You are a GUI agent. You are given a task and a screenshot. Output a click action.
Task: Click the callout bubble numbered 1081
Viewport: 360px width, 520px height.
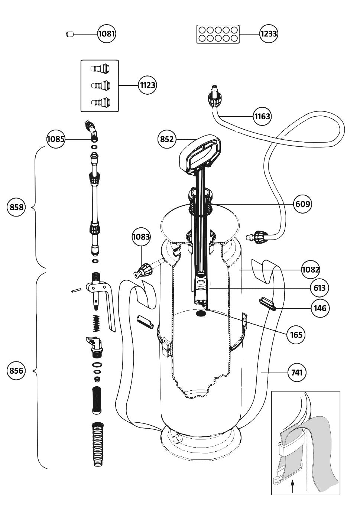coord(107,34)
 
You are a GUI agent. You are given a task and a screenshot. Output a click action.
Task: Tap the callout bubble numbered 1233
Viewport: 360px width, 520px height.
coord(269,34)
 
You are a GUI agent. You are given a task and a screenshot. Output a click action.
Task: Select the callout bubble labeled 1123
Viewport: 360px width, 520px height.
coord(147,85)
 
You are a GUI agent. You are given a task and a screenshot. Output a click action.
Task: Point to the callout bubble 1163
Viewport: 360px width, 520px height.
coord(262,116)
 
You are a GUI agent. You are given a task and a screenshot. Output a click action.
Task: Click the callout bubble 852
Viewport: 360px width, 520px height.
coord(167,139)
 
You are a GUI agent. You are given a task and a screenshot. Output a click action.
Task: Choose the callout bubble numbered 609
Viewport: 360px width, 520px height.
coord(302,204)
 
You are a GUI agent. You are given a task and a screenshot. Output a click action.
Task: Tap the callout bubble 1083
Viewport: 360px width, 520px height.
coord(141,237)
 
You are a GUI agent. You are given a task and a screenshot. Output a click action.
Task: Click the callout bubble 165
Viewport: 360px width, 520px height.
coord(296,335)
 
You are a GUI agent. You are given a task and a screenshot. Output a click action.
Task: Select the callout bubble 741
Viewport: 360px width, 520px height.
coord(297,372)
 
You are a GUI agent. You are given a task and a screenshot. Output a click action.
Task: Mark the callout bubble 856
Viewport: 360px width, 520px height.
coord(16,371)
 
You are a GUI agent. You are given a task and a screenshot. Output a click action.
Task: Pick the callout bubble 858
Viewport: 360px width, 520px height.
coord(16,207)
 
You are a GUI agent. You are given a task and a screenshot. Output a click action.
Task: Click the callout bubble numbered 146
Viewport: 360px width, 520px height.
coord(320,308)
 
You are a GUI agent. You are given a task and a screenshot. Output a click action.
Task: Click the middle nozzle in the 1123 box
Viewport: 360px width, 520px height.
coord(100,85)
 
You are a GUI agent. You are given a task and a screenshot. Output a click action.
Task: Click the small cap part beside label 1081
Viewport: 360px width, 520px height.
coord(69,35)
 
